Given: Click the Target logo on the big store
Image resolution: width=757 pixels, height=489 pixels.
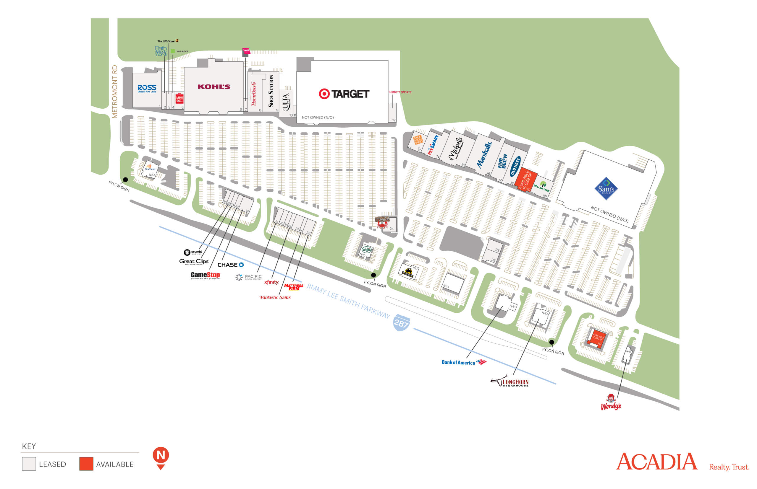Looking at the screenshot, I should coord(344,94).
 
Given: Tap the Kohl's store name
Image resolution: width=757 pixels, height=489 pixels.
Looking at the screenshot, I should coord(214,87).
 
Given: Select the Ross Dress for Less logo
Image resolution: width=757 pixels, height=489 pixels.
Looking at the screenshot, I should coord(147,88).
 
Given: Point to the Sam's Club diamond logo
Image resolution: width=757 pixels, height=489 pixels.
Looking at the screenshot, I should coord(606,189).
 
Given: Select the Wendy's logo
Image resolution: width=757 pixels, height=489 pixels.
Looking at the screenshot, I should coord(610,402).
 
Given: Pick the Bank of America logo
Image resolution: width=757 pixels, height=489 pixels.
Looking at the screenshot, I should coord(464,362).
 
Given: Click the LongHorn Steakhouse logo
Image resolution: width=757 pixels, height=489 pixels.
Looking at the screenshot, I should coord(511,382).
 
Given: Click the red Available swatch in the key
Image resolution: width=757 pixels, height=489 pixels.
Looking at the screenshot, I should coord(86,464).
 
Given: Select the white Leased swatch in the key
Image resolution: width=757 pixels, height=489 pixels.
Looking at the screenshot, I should coord(29,464).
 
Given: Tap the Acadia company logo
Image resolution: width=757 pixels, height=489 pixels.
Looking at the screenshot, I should coord(656,462).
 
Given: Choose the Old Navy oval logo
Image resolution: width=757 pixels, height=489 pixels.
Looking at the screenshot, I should coord(515,166).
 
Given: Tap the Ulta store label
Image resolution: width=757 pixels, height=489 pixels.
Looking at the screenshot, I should coord(286,102).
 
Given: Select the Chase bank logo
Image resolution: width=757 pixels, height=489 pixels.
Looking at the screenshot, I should coord(231,265).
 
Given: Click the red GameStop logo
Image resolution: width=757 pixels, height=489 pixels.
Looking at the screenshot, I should coord(206,275).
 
